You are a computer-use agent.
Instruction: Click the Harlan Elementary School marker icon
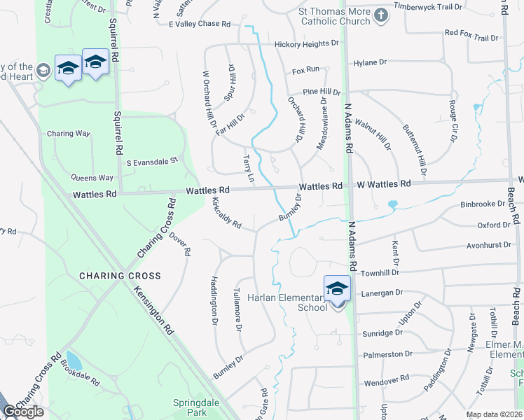pyautogui.click(x=337, y=288)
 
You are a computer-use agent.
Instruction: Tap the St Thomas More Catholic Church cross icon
pyautogui.click(x=380, y=15)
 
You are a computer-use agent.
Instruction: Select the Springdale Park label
pyautogui.click(x=191, y=407)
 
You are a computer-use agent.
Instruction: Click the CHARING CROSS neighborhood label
pyautogui.click(x=120, y=276)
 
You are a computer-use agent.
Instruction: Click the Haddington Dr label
pyautogui.click(x=214, y=300)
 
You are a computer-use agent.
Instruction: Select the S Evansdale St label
pyautogui.click(x=152, y=161)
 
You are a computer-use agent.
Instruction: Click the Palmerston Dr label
pyautogui.click(x=385, y=354)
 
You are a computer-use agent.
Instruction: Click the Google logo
pyautogui.click(x=23, y=412)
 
